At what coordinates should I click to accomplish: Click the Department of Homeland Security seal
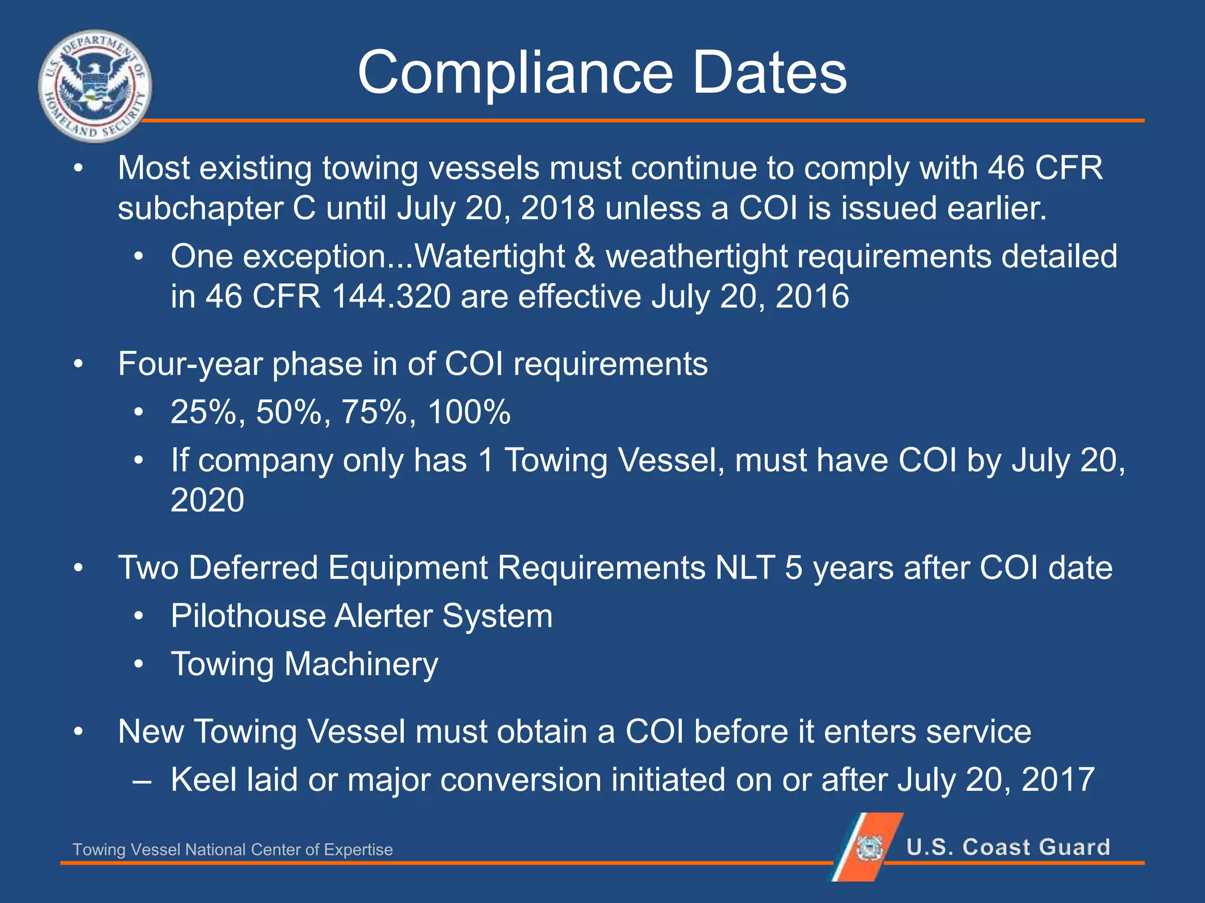95,86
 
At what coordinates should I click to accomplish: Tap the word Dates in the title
769,72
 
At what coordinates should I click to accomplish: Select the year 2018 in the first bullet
557,208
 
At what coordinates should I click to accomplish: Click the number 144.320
391,296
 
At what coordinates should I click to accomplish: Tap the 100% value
469,412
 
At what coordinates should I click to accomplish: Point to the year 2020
207,500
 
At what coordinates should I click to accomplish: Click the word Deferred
253,568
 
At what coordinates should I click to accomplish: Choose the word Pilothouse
248,616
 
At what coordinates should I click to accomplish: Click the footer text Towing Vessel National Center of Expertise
232,850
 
